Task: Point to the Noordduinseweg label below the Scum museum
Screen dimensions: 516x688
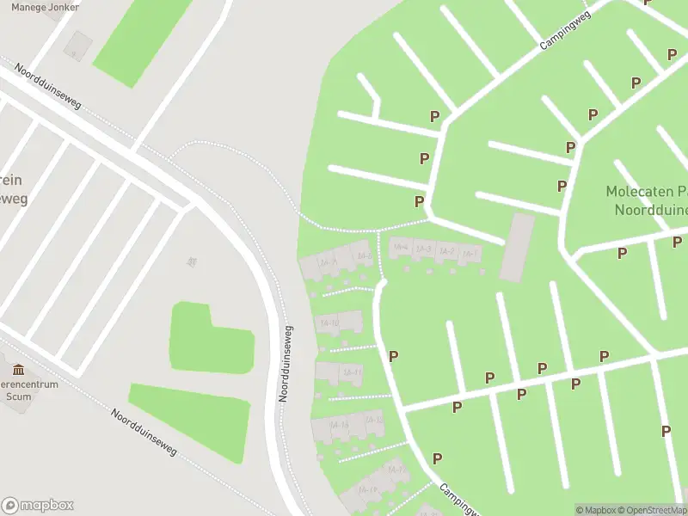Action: (144, 433)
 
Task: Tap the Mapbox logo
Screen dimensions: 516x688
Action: (38, 505)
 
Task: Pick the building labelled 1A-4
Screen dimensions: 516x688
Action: (400, 248)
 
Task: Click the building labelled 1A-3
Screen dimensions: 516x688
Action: (423, 249)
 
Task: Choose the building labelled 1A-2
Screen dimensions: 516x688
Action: (445, 252)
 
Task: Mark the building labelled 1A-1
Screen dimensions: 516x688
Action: (469, 255)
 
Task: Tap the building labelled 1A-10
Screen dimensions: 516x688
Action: (329, 323)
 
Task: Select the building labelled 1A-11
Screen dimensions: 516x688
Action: (351, 372)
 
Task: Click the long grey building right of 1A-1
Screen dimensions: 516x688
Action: (517, 247)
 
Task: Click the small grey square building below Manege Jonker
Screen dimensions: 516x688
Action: (78, 46)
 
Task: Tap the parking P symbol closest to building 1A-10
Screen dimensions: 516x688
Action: (393, 356)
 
